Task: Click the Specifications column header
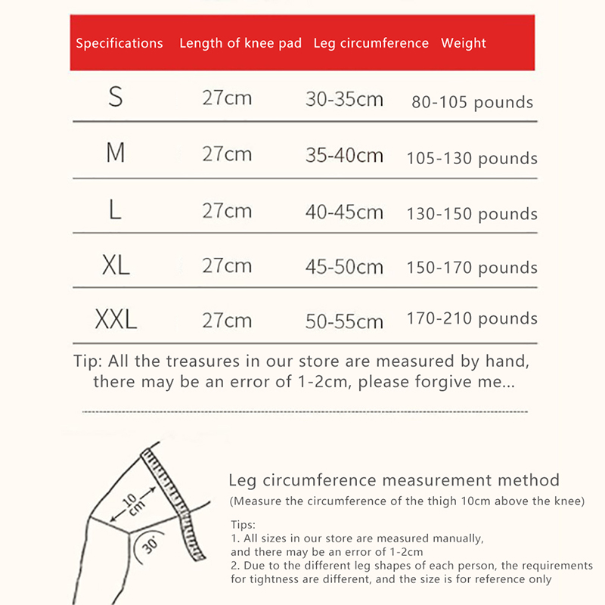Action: point(119,43)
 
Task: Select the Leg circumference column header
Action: point(371,43)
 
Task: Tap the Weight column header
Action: point(464,43)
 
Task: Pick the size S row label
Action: point(115,98)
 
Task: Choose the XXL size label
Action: point(116,320)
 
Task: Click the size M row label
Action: point(115,154)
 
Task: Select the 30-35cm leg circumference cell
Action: point(344,99)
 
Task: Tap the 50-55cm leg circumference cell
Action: point(344,321)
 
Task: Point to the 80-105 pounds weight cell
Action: point(472,102)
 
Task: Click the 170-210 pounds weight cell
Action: point(472,318)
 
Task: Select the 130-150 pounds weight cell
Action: point(472,214)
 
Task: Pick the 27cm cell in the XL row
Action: point(227,265)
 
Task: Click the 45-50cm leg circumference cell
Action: point(344,267)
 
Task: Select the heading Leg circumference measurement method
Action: point(394,480)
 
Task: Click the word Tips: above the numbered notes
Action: point(242,524)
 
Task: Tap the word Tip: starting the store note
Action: point(88,361)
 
